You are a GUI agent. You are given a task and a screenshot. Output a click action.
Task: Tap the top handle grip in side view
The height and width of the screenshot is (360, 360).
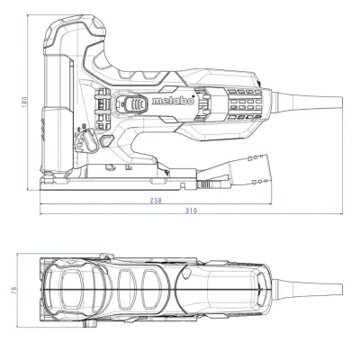coord(135,36)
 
